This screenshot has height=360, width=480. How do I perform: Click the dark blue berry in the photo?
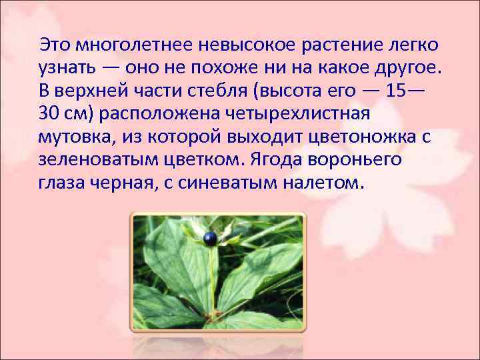(x=211, y=237)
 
